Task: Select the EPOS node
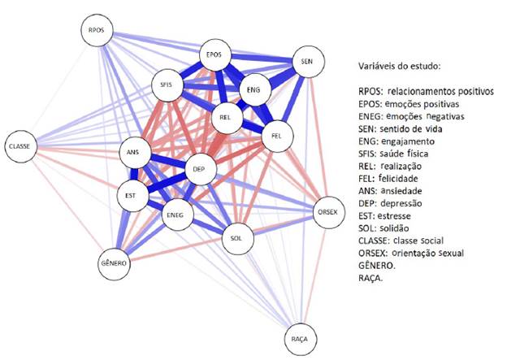pyautogui.click(x=214, y=54)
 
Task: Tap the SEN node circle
pyautogui.click(x=306, y=62)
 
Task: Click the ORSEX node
pyautogui.click(x=328, y=211)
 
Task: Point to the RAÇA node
pyautogui.click(x=300, y=338)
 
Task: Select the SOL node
pyautogui.click(x=236, y=239)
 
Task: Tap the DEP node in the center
pyautogui.click(x=200, y=170)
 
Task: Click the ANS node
pyautogui.click(x=135, y=152)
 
